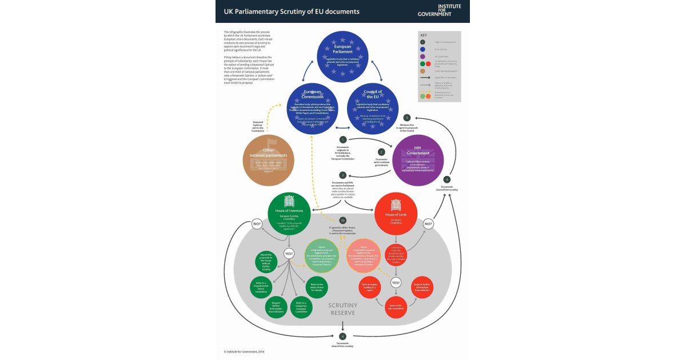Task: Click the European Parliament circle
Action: click(x=343, y=55)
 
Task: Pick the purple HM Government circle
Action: click(x=418, y=160)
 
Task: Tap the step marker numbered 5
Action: click(x=407, y=118)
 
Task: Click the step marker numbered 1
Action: click(x=342, y=139)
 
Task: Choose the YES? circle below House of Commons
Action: click(x=289, y=253)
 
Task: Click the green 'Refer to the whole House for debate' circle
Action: click(x=318, y=287)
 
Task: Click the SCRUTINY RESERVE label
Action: click(x=342, y=309)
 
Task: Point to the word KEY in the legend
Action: click(x=424, y=35)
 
